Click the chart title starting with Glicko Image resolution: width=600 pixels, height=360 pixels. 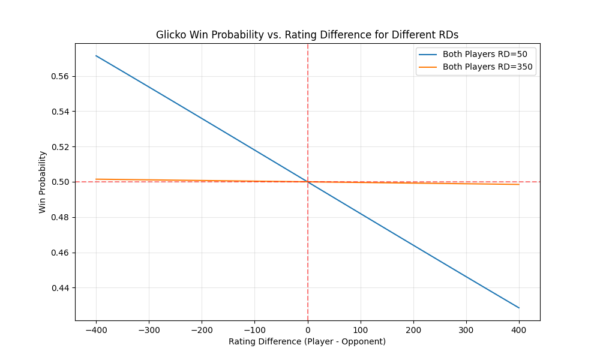pos(307,35)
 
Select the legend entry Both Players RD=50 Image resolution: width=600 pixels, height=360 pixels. pos(478,54)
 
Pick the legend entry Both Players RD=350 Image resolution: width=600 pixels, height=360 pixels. pos(478,67)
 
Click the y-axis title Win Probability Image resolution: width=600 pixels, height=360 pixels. pos(43,182)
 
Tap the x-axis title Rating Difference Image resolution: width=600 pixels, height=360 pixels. pos(307,341)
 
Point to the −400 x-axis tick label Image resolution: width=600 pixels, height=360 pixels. pos(96,329)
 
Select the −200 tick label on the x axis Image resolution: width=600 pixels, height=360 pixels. pos(202,329)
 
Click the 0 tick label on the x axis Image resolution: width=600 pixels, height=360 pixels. pos(308,329)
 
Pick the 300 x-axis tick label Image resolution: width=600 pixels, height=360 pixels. pos(466,329)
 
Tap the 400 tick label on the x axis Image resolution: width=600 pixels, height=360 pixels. pos(519,329)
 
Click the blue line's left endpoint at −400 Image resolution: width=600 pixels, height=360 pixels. pos(96,56)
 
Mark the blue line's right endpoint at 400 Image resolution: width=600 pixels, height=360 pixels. pos(519,308)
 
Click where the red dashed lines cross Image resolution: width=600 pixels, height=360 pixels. pos(308,182)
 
